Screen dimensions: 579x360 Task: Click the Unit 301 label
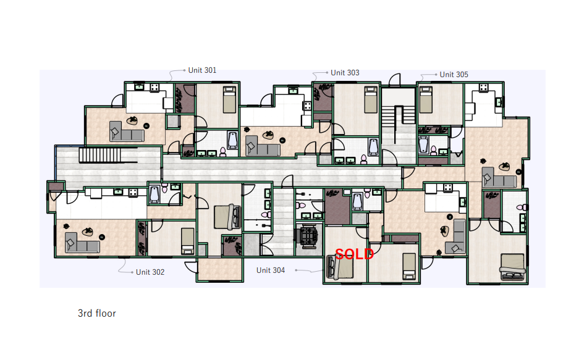[202, 70]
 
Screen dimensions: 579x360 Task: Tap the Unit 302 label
[150, 272]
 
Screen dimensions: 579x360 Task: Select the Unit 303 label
[345, 73]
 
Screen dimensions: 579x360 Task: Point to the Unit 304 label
[271, 270]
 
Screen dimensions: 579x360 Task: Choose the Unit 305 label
[454, 75]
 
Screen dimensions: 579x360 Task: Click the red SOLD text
[354, 254]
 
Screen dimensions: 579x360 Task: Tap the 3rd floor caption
[97, 314]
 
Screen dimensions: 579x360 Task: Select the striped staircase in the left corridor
[99, 155]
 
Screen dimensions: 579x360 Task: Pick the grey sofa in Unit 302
[82, 243]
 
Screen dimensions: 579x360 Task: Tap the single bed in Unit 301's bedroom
[230, 99]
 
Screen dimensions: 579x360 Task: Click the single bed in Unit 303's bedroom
[371, 99]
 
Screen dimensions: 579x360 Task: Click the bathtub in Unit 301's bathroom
[232, 140]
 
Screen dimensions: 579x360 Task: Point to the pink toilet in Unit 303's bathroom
[364, 159]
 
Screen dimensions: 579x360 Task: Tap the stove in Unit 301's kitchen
[154, 88]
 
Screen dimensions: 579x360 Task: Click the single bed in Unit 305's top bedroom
[426, 99]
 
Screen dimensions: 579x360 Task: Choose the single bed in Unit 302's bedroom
[188, 241]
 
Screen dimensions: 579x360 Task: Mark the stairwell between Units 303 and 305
[399, 125]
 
